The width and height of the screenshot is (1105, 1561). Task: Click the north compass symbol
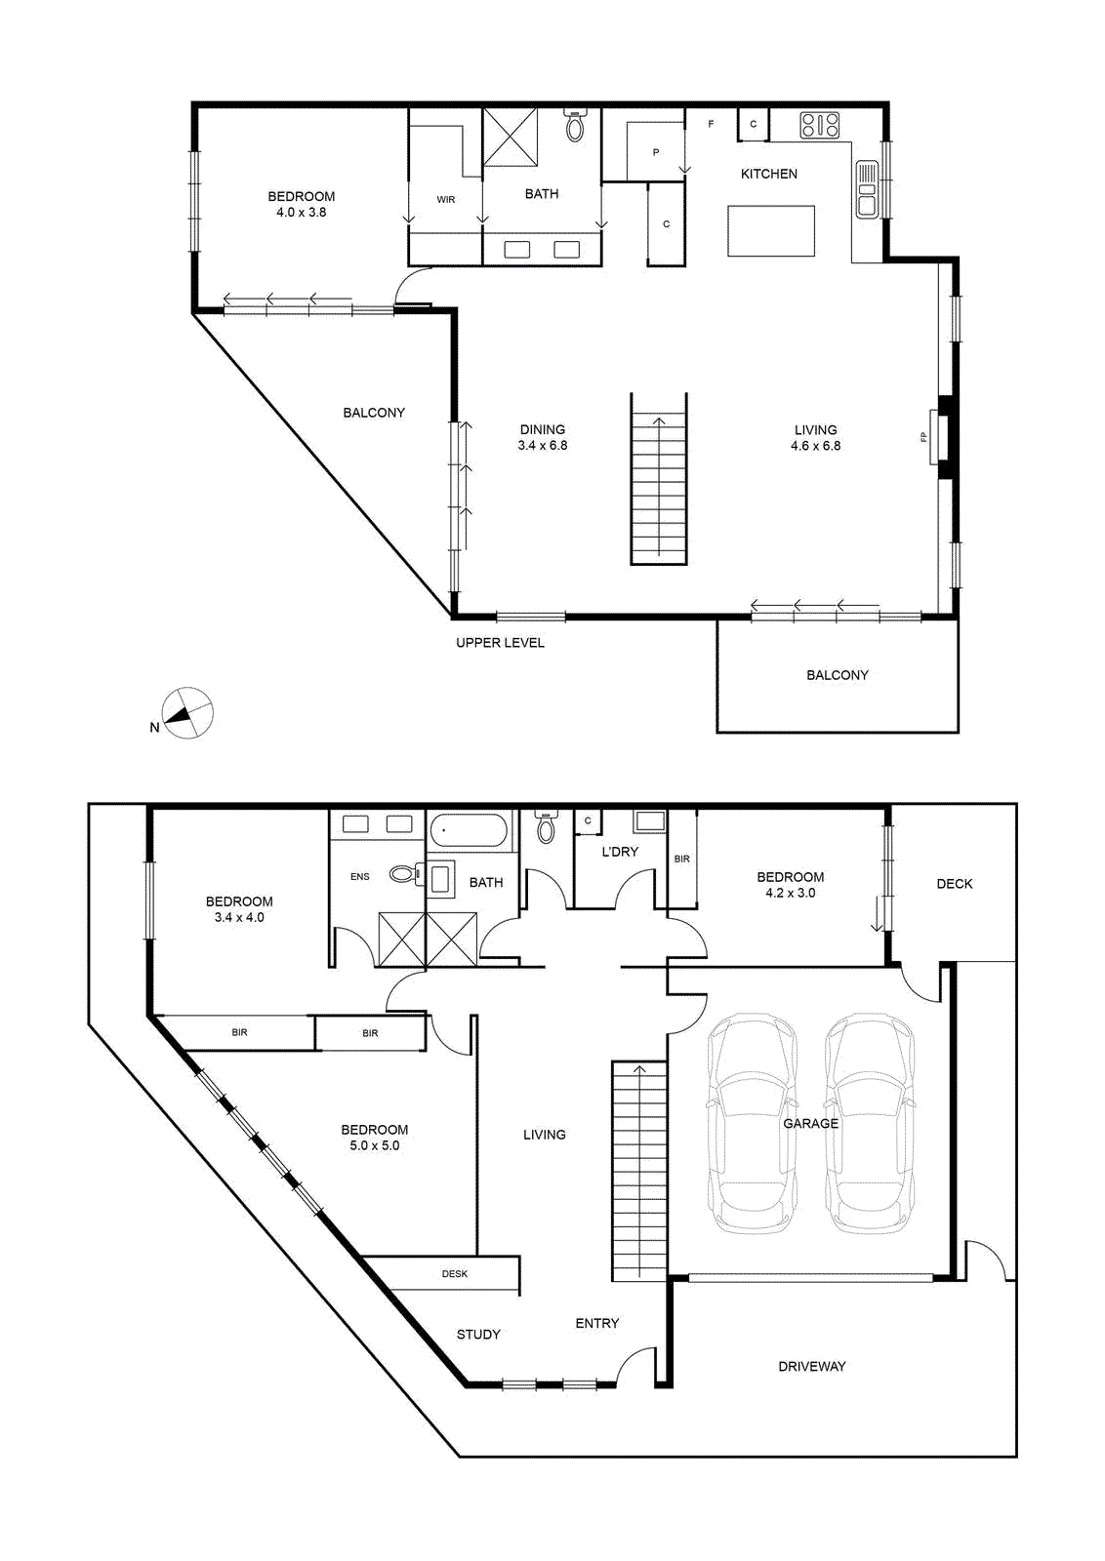pos(186,713)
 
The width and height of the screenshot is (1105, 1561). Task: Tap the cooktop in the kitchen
pos(820,126)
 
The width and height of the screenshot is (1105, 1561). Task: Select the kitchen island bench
pos(771,230)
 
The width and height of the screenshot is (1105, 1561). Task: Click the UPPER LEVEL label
pos(500,643)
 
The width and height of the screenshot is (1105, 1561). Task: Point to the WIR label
pos(446,199)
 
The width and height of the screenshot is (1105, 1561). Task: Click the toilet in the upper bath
pos(574,125)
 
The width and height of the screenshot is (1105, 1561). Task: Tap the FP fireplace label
pos(923,437)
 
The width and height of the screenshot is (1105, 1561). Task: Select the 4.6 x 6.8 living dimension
pos(815,446)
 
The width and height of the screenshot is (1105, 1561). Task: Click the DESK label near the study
pos(455,1274)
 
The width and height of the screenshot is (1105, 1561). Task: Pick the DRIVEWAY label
pos(811,1367)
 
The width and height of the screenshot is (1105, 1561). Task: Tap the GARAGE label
pos(810,1123)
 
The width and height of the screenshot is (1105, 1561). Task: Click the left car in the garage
pos(752,1123)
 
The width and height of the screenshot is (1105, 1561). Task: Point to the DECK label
pos(954,884)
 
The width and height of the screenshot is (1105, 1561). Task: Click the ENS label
pos(360,877)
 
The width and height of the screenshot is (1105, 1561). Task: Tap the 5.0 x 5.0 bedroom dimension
pos(375,1145)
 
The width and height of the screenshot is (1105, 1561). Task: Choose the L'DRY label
pos(619,852)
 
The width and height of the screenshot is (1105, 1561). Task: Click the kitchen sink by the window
pos(868,189)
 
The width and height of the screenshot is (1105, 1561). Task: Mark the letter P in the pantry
pos(655,152)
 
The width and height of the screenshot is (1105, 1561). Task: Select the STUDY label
pos(478,1335)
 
